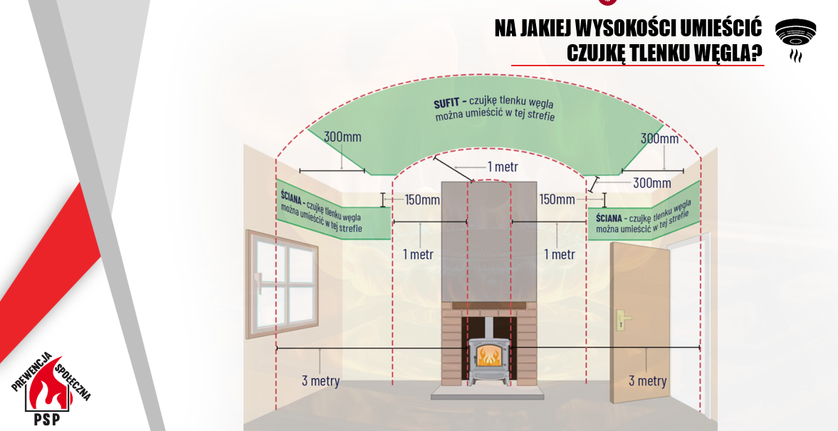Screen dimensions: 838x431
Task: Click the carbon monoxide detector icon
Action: pyautogui.click(x=795, y=38)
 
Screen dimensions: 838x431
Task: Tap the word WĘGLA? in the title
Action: pyautogui.click(x=732, y=53)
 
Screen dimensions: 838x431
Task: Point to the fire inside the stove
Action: pyautogui.click(x=488, y=355)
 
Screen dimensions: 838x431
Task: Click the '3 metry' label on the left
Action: pyautogui.click(x=320, y=380)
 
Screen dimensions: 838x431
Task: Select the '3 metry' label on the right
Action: pyautogui.click(x=647, y=380)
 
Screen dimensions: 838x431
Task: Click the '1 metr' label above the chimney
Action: pyautogui.click(x=503, y=166)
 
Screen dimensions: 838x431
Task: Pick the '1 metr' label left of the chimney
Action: pyautogui.click(x=418, y=254)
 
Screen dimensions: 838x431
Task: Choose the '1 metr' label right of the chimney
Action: pyautogui.click(x=560, y=254)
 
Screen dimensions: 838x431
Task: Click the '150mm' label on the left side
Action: pyautogui.click(x=422, y=200)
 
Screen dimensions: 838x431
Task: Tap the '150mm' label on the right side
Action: pyautogui.click(x=557, y=199)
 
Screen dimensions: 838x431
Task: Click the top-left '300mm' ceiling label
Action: pyautogui.click(x=342, y=137)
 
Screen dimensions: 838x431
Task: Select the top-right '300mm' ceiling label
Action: pyautogui.click(x=659, y=139)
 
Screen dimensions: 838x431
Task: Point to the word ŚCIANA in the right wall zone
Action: pyautogui.click(x=609, y=219)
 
